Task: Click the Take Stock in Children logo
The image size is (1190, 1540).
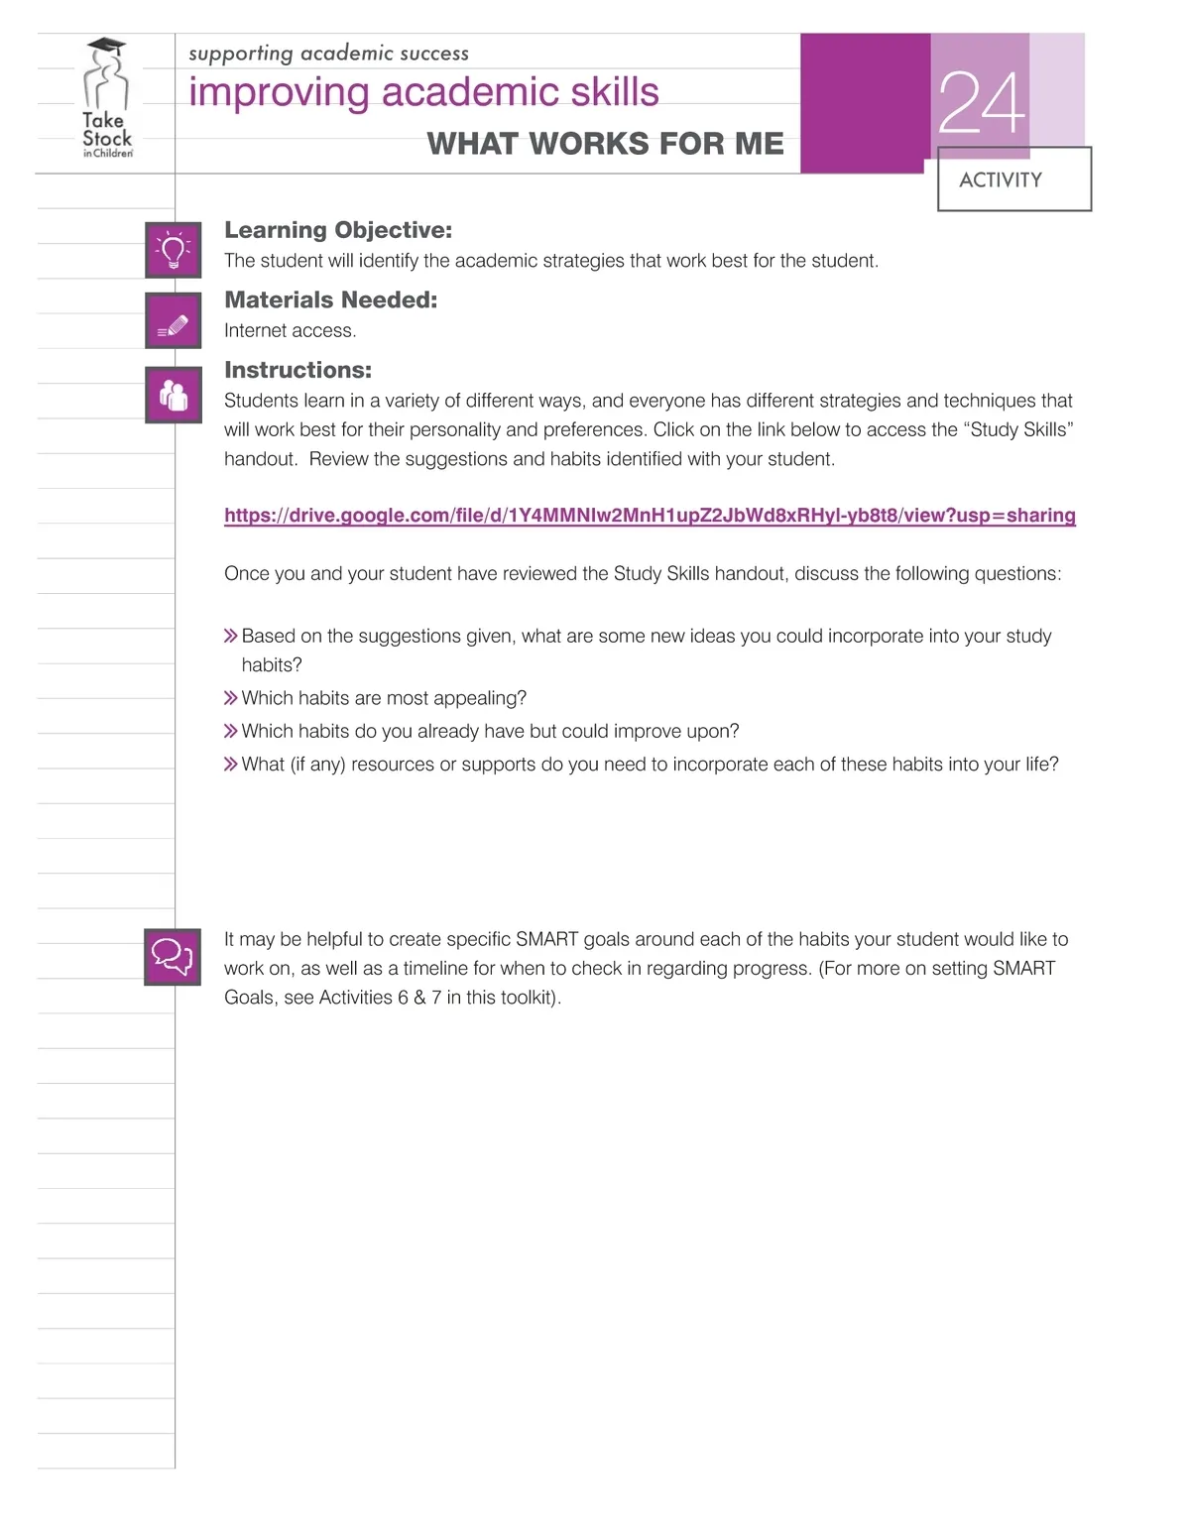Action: (x=107, y=99)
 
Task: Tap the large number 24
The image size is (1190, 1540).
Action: (x=981, y=103)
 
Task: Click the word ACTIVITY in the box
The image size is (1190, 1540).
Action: (x=1001, y=180)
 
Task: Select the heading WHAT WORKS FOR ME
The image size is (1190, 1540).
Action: (x=605, y=144)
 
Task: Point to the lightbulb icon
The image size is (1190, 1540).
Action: (x=174, y=250)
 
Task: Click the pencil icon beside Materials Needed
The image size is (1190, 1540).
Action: (x=174, y=321)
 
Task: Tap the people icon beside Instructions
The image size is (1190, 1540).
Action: (x=174, y=396)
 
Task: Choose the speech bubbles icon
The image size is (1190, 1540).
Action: (x=173, y=957)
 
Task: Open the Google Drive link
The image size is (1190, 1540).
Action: (x=650, y=516)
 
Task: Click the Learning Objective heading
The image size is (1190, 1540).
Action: (x=338, y=230)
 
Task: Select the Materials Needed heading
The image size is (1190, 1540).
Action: (x=330, y=299)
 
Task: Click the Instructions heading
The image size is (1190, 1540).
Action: (x=297, y=370)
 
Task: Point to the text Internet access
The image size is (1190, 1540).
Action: (x=290, y=331)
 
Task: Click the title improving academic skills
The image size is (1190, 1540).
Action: (x=423, y=92)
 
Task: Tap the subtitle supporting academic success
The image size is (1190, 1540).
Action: (x=328, y=54)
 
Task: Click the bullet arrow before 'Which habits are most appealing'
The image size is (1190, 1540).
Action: (x=231, y=699)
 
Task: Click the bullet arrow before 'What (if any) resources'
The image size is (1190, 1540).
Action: (x=231, y=765)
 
